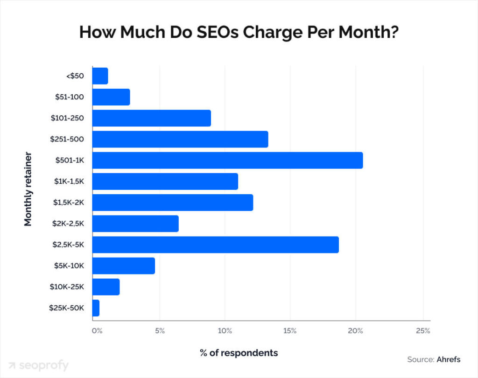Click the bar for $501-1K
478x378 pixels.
pos(227,160)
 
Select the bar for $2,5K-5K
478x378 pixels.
pos(215,245)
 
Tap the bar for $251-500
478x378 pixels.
pos(180,139)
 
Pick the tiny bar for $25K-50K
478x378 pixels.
pos(96,308)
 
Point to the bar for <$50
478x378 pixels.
pos(100,76)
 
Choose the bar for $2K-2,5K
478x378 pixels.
pos(135,224)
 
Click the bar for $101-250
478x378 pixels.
pos(151,118)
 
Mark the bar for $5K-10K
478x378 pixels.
pos(123,266)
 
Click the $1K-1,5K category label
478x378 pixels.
pos(67,182)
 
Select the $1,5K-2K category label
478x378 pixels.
pos(67,203)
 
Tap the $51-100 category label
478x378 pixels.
pos(69,97)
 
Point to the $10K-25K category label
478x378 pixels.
pos(67,287)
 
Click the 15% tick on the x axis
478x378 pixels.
pos(290,331)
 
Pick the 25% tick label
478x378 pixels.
pos(422,331)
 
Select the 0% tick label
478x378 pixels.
pos(96,331)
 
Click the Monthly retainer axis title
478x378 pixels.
pos(28,189)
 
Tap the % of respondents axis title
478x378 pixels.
pos(239,353)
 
